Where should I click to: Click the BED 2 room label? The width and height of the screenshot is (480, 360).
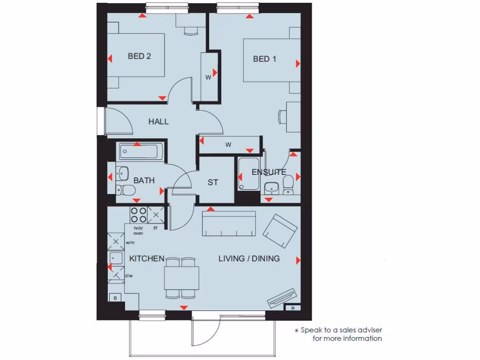139,56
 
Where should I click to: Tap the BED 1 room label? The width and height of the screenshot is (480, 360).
264,59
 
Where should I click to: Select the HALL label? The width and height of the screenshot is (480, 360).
158,122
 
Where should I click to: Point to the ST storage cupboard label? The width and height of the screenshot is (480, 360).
213,182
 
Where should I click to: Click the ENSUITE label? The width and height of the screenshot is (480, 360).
269,172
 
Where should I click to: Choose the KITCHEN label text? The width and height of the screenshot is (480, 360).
147,259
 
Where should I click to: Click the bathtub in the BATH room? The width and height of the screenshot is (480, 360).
140,151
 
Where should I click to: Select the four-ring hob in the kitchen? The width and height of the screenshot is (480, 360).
138,215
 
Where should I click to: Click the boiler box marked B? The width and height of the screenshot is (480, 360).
115,297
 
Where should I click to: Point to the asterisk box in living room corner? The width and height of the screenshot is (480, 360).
293,308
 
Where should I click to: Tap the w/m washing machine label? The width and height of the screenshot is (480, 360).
130,243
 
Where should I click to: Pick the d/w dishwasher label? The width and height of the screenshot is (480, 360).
129,276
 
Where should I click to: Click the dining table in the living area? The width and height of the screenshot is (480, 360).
181,277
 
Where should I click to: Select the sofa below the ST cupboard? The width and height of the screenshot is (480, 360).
229,224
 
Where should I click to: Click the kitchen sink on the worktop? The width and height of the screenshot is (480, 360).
115,258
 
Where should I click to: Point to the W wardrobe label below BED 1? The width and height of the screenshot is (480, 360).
228,145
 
